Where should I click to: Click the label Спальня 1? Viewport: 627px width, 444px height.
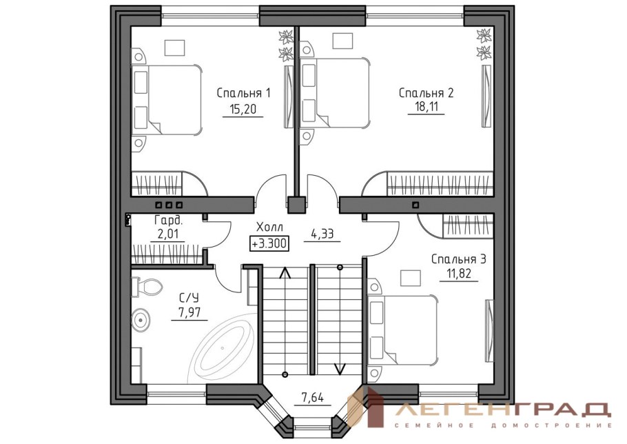point(243,93)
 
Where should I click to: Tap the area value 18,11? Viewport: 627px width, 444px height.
point(426,107)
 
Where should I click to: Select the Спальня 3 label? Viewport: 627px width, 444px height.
point(459,259)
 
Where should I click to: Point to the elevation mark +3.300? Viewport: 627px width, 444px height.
point(269,243)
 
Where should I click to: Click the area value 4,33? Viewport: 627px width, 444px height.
point(322,234)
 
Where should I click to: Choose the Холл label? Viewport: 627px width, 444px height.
point(269,228)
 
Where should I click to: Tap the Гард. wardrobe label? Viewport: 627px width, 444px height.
point(168,220)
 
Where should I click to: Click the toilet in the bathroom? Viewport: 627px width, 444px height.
point(147,287)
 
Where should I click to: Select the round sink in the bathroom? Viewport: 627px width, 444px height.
point(141,319)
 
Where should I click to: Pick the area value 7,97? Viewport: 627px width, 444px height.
point(189,312)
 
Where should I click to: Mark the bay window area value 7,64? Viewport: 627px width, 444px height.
point(312,398)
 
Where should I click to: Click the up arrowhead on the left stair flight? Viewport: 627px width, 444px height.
point(285,272)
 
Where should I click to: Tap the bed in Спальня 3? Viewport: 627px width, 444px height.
point(402,330)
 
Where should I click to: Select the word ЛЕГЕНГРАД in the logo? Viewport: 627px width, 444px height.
point(504,410)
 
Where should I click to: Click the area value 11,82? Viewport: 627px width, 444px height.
point(459,274)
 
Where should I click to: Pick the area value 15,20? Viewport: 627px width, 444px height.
point(243,109)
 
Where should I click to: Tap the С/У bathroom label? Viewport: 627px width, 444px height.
point(189,298)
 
